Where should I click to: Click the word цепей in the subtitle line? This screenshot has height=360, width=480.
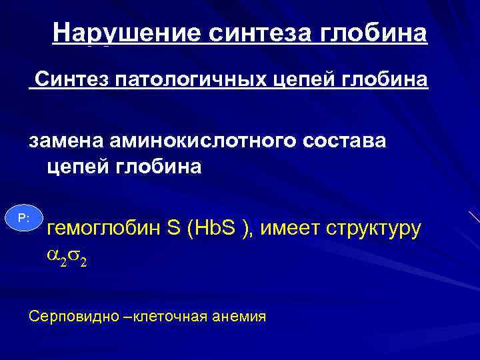point(293,81)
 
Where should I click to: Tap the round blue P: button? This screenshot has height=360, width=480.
point(23,218)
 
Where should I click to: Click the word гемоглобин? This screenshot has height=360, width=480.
point(105,229)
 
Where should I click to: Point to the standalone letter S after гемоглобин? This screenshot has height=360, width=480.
point(174,229)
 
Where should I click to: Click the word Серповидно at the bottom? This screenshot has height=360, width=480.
point(67,316)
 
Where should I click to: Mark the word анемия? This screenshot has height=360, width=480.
point(239,316)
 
